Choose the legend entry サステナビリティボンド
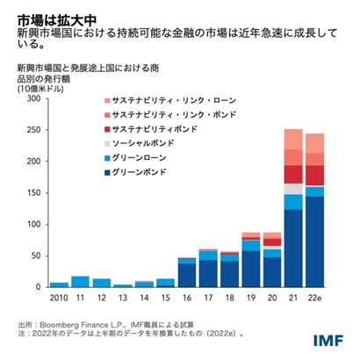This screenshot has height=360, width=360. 179,129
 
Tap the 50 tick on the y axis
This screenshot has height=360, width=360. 34,256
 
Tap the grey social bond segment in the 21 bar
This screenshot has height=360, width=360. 293,189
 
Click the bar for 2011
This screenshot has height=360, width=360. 80,282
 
